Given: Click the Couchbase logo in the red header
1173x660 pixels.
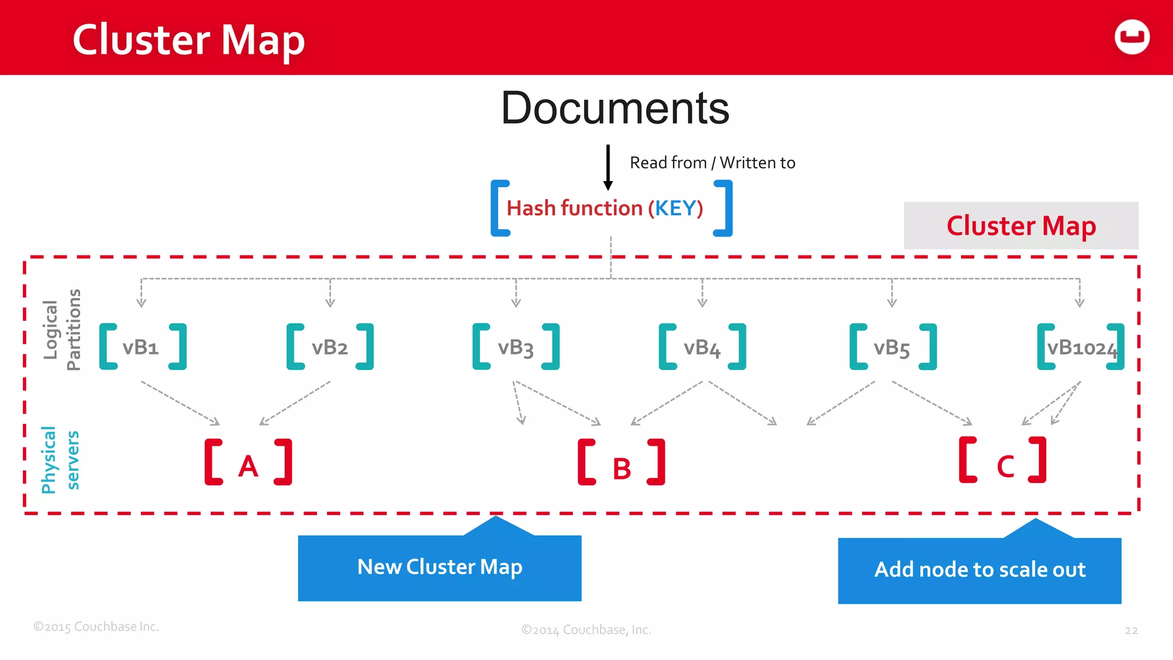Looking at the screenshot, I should [x=1132, y=37].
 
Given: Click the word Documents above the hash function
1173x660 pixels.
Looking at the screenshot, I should [x=615, y=108].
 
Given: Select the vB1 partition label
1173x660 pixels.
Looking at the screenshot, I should [x=140, y=347].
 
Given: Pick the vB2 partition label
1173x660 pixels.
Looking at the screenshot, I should [x=329, y=347].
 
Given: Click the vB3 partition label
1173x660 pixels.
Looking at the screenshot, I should [x=515, y=347].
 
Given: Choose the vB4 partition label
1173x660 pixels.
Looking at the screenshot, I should [x=702, y=347].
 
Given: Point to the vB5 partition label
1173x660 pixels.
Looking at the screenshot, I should [x=891, y=347].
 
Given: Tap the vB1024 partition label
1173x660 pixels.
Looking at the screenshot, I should [x=1081, y=347].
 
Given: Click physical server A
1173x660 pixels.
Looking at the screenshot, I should [x=248, y=464].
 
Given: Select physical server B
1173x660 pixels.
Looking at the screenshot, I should [x=621, y=466].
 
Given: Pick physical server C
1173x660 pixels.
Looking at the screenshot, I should [x=1005, y=464].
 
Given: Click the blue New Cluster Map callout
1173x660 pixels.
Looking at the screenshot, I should [x=439, y=567].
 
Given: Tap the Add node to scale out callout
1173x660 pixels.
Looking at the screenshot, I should [x=979, y=569].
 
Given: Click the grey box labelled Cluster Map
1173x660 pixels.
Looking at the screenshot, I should [x=1021, y=226].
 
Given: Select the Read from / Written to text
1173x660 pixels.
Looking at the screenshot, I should [x=712, y=163].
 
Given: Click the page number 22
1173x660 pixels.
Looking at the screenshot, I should [x=1131, y=630].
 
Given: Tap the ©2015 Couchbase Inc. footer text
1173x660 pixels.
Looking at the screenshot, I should [x=96, y=627].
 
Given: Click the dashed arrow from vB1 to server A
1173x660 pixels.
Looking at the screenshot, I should [x=180, y=403].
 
